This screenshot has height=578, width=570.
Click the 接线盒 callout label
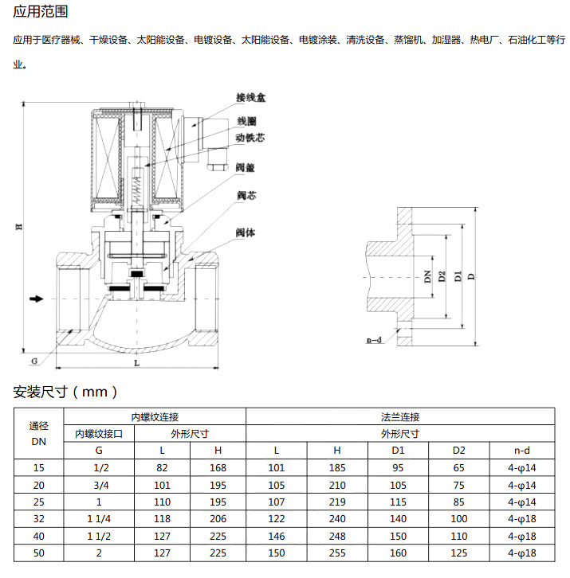pos(250,98)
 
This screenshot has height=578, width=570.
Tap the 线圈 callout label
pos(246,121)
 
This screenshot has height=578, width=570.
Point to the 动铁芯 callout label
pos(250,138)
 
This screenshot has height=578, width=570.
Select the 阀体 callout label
pos(246,232)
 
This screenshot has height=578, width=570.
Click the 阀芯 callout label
pos(246,195)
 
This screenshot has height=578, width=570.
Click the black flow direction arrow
pos(37,299)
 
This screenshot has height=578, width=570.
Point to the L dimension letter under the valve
pos(136,363)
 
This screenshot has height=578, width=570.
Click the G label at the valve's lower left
pos(34,361)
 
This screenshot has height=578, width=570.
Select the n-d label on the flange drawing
pos(374,339)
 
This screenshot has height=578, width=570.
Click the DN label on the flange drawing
pos(427,276)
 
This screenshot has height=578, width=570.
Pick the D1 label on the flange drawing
pos(458,276)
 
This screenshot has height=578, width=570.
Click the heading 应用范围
pos(41,11)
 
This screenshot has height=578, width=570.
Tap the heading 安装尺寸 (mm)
pos(65,392)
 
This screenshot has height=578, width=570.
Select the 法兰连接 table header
pos(400,417)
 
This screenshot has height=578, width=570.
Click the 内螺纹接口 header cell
pos(99,433)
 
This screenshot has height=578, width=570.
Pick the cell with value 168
pos(218,467)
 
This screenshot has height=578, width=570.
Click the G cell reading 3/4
pos(100,485)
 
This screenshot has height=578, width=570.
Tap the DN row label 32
pos(39,518)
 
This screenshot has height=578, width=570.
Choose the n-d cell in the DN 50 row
pos(521,553)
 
